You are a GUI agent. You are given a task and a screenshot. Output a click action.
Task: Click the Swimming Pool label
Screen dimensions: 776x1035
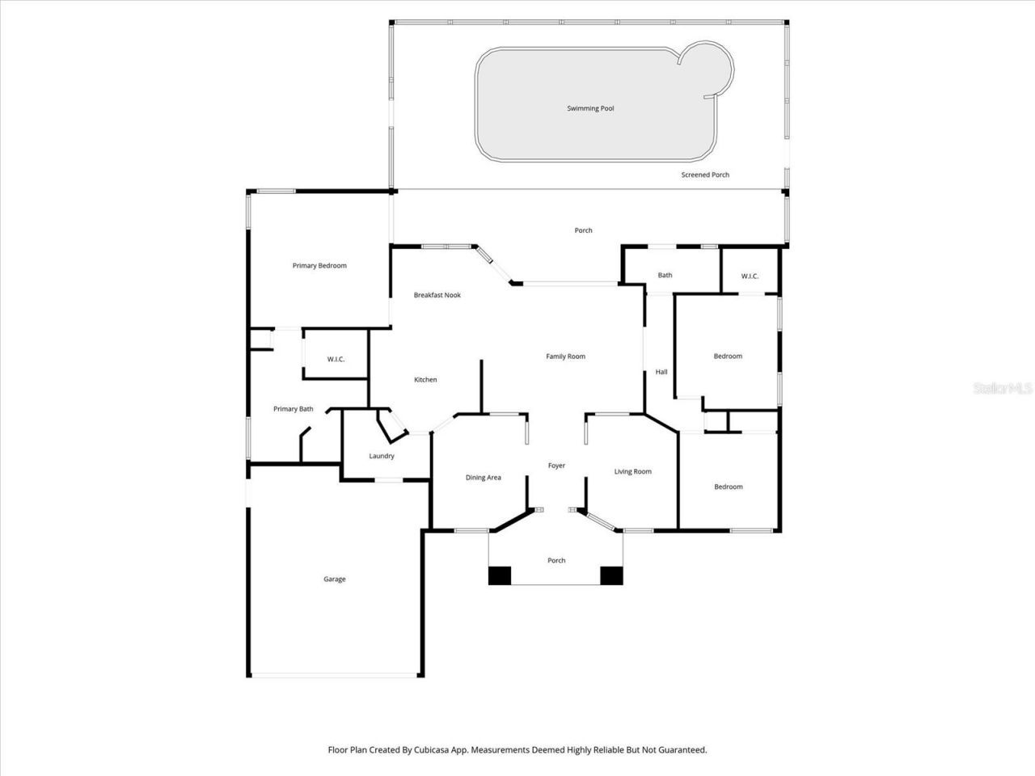(590, 108)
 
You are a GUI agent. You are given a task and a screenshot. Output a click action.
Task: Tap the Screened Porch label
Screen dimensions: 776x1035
(705, 175)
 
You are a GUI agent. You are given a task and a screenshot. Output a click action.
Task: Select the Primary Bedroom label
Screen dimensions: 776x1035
(319, 266)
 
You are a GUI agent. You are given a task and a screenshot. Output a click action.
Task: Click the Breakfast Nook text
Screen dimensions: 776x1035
(437, 295)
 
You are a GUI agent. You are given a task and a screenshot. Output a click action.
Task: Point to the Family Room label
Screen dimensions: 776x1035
(565, 356)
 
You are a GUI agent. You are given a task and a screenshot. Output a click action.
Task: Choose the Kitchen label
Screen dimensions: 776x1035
(425, 380)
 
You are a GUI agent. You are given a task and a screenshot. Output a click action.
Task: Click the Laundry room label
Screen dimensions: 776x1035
(382, 456)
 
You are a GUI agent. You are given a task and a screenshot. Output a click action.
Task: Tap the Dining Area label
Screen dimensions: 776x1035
(483, 478)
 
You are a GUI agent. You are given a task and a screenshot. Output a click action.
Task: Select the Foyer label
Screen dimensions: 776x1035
(556, 466)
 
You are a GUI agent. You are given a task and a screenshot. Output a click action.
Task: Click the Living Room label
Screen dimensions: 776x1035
(632, 471)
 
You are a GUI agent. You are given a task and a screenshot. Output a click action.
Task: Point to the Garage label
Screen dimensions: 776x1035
(335, 580)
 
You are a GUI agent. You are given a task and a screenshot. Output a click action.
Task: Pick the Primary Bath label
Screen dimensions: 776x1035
(293, 409)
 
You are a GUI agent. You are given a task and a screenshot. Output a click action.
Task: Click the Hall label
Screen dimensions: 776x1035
(661, 372)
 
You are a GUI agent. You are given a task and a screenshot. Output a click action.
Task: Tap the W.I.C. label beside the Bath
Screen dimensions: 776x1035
(750, 276)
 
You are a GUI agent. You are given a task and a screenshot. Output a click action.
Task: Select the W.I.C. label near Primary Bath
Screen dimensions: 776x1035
(336, 359)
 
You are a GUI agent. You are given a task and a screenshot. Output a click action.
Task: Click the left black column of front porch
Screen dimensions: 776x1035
(500, 576)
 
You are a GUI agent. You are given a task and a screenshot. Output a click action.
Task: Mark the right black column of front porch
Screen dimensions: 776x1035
(611, 576)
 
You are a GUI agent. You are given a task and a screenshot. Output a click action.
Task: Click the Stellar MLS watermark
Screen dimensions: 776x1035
(1003, 389)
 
